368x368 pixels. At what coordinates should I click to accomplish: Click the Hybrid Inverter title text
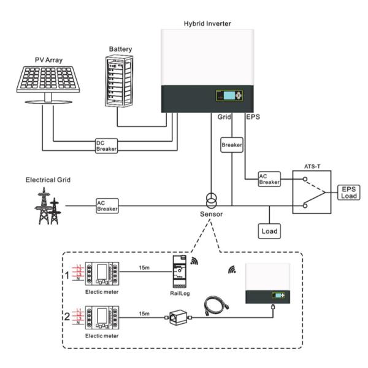tap(208, 23)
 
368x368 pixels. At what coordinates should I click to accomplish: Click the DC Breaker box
tap(106, 145)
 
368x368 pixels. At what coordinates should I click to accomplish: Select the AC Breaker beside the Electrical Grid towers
tap(106, 205)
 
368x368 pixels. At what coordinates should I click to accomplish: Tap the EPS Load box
tap(347, 192)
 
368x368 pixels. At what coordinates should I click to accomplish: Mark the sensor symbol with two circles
tap(210, 201)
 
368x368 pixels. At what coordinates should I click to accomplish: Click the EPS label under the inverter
tap(252, 116)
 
